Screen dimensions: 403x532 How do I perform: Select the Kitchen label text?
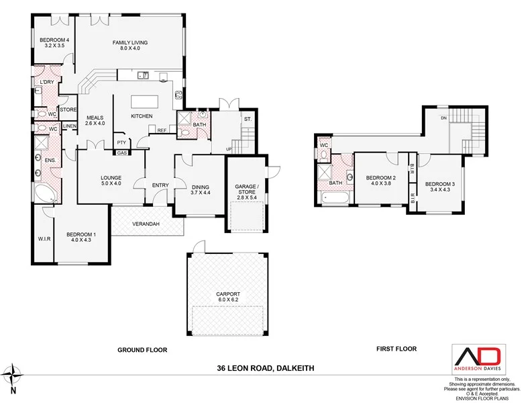click(x=142, y=116)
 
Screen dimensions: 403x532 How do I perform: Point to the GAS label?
click(x=121, y=152)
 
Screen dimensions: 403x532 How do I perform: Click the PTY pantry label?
click(x=121, y=142)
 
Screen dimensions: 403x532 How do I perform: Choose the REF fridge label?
click(x=162, y=130)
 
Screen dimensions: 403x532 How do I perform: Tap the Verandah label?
click(x=146, y=224)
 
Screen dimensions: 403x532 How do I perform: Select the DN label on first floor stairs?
click(x=444, y=118)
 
